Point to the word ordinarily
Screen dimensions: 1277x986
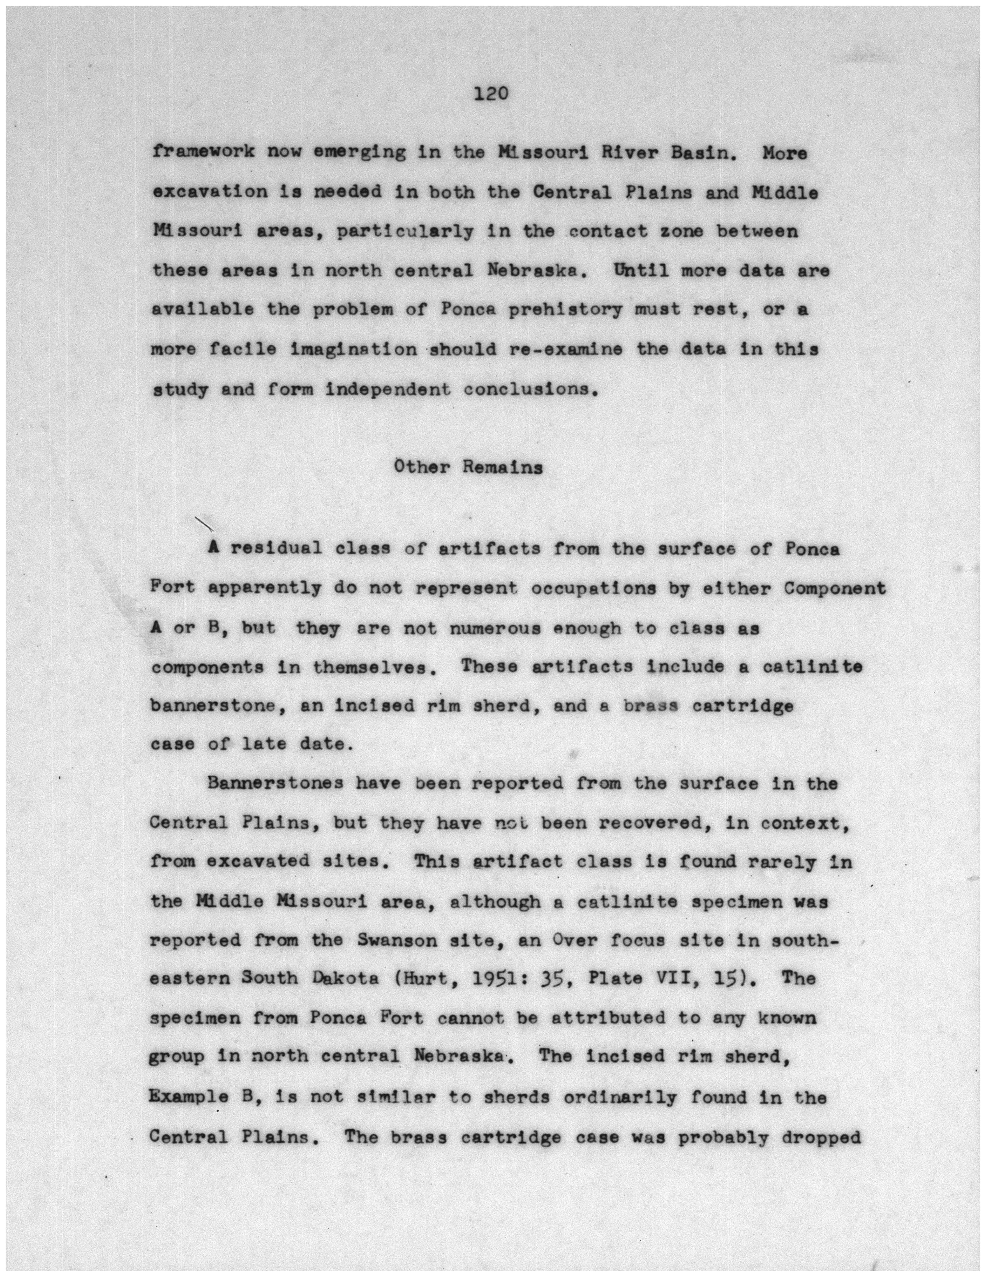(x=620, y=1098)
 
